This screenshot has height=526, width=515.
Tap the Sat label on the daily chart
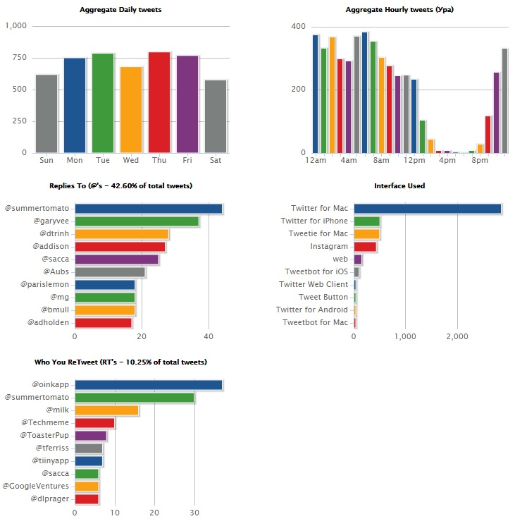coord(216,160)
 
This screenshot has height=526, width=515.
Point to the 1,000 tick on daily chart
coord(15,26)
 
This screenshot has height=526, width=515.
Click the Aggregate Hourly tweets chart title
coord(390,10)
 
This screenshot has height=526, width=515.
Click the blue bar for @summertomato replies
coord(149,209)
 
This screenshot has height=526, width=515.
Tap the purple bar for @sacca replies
coord(117,259)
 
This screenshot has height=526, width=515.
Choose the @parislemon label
coord(46,285)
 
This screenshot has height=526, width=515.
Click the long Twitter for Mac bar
coord(428,209)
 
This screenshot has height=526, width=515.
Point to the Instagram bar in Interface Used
coord(365,247)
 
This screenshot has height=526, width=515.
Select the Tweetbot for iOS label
coord(316,272)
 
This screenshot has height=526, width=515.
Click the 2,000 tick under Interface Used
coord(457,337)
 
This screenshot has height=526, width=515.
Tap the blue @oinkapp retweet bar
coord(149,385)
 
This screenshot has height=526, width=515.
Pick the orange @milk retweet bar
coord(106,410)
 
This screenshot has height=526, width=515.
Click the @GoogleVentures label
coord(36,487)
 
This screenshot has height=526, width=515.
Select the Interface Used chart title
coord(399,186)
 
